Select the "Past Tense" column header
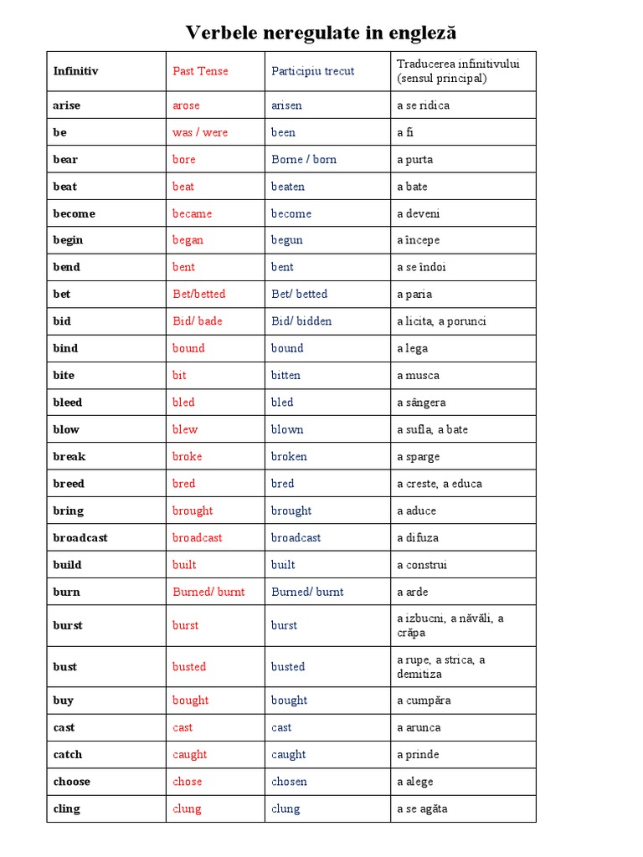pyautogui.click(x=200, y=71)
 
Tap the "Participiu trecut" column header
pyautogui.click(x=312, y=71)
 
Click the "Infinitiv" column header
pyautogui.click(x=75, y=71)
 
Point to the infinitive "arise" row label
pyautogui.click(x=67, y=105)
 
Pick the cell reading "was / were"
pyautogui.click(x=200, y=132)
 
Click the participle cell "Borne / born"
pyautogui.click(x=304, y=159)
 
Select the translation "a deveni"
pyautogui.click(x=418, y=213)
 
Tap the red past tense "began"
pyautogui.click(x=188, y=240)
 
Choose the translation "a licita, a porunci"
pyautogui.click(x=441, y=321)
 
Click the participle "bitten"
pyautogui.click(x=285, y=375)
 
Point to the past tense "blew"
pyautogui.click(x=185, y=429)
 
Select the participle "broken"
pyautogui.click(x=289, y=456)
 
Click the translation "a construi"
pyautogui.click(x=422, y=565)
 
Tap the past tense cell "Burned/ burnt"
pyautogui.click(x=208, y=592)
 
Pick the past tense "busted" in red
pyautogui.click(x=189, y=667)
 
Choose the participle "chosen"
pyautogui.click(x=289, y=782)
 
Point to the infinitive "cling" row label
pyautogui.click(x=67, y=808)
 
